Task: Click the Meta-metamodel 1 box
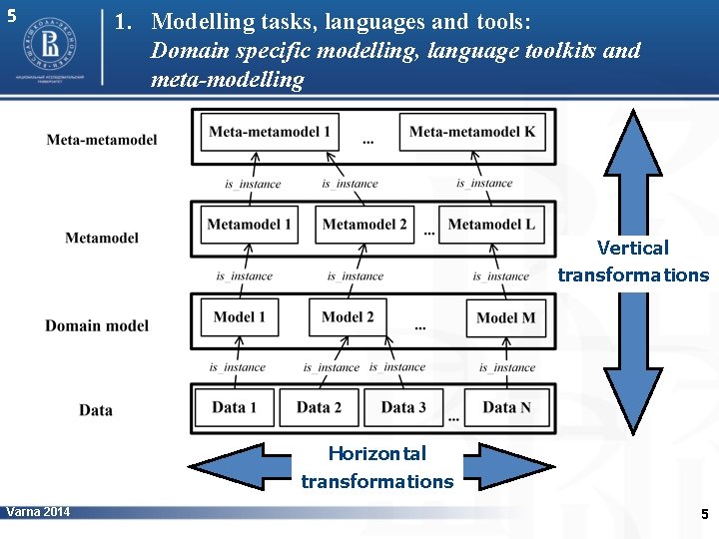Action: point(270,133)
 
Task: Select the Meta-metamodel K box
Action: point(472,133)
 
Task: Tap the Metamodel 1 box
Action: point(250,225)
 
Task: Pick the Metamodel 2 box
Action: point(364,225)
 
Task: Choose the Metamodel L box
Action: point(491,225)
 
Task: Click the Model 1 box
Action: point(240,317)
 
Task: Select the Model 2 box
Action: point(348,317)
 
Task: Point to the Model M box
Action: point(505,318)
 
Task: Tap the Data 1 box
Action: point(234,407)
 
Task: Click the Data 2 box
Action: point(319,407)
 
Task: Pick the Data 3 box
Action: point(403,407)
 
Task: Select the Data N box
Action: point(506,407)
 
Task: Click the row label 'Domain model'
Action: point(97,325)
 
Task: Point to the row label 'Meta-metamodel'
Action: point(102,139)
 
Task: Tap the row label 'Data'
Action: point(96,409)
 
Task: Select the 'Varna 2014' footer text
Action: point(38,512)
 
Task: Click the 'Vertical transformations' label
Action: point(633,262)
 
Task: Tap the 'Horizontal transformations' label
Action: point(377,467)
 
